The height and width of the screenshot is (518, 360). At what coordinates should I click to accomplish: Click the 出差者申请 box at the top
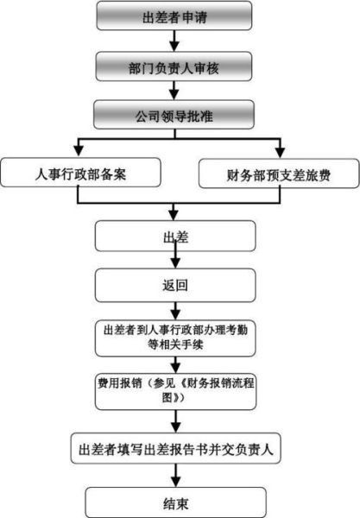tap(176, 16)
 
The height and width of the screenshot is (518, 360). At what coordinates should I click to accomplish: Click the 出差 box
tap(176, 235)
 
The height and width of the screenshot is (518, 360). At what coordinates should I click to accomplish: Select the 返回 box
tap(176, 283)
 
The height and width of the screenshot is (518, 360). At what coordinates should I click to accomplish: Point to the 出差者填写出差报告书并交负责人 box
tap(176, 449)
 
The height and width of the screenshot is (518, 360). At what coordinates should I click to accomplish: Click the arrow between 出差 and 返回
tap(176, 259)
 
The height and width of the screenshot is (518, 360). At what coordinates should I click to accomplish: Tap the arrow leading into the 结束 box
tap(176, 477)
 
